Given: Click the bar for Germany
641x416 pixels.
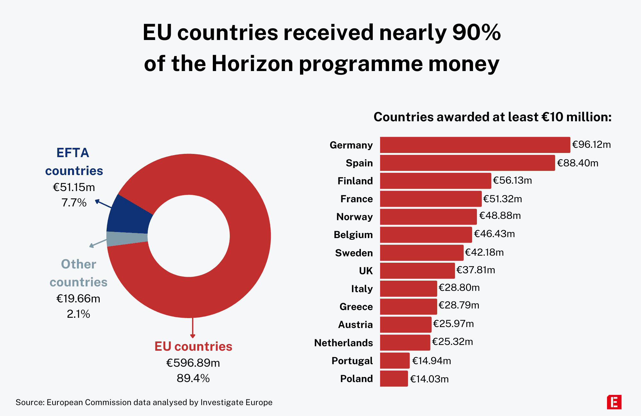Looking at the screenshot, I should pos(475,145).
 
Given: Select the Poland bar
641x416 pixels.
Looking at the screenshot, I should pos(394,379).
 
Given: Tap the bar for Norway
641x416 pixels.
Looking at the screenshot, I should pos(428,217).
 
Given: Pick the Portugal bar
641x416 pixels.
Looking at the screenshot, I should pos(395,361).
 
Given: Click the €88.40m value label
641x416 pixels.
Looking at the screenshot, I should pos(578,163).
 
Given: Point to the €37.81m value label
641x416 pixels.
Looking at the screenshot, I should pos(476,270).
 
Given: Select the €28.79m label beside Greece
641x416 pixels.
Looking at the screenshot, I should pos(459,305).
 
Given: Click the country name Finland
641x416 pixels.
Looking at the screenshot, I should pos(355,181).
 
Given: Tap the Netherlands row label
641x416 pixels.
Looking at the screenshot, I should pos(343,343).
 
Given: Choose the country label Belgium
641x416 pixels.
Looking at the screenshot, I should pos(353,235).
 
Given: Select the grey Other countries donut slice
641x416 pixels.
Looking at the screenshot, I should pos(127,238).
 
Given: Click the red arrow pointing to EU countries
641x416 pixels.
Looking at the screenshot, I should pos(193,328).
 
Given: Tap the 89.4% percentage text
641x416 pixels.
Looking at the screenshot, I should pos(193,378).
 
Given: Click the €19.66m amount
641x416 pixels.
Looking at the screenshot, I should pos(78,299).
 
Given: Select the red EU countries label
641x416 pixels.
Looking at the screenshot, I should pos(193,347).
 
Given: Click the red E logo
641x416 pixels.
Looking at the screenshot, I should pos(614,402).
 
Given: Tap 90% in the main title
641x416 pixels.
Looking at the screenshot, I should pos(476,33).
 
